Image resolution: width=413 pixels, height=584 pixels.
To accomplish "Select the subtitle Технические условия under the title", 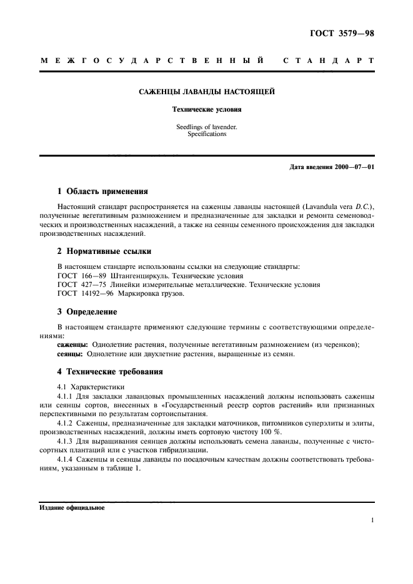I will pos(206,109).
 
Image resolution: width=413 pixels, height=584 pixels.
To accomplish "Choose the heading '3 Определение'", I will pos(87,311).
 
